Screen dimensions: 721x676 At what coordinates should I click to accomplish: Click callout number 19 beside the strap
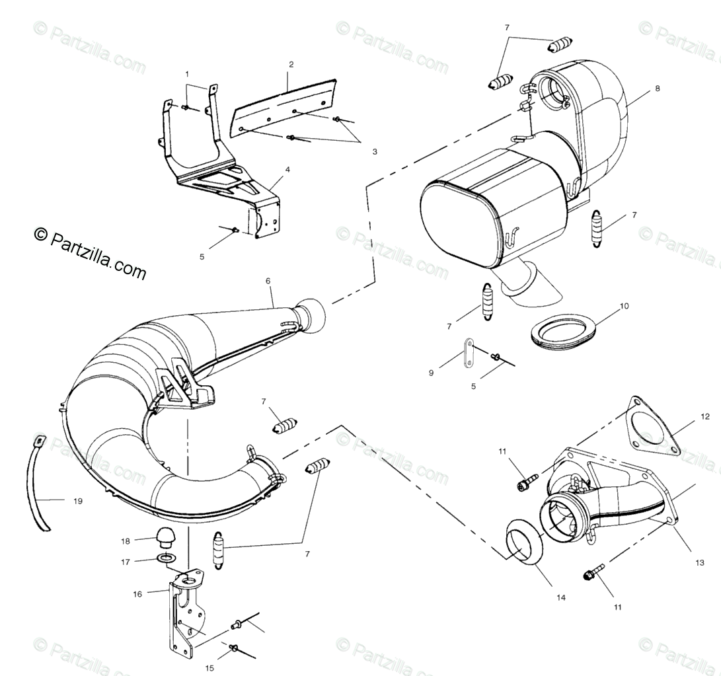[x=78, y=501]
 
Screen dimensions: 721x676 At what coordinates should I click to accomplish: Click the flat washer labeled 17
[x=167, y=560]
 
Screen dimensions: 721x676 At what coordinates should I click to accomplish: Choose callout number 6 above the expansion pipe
[x=268, y=280]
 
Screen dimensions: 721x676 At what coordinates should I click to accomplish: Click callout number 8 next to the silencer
[x=657, y=88]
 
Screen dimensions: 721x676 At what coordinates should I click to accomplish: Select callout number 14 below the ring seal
[x=560, y=597]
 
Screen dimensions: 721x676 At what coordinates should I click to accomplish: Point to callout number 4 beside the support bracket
[x=287, y=169]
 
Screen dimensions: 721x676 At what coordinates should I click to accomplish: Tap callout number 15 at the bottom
[x=209, y=668]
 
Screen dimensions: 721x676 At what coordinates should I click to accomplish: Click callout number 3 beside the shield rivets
[x=375, y=151]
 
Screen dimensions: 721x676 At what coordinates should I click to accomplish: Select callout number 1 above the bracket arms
[x=187, y=73]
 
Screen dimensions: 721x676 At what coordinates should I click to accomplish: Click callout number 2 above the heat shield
[x=291, y=64]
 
